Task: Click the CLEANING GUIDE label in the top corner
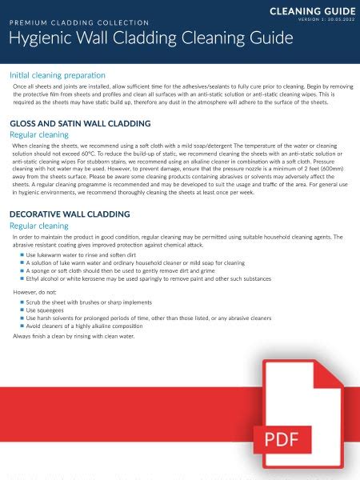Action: pyautogui.click(x=312, y=10)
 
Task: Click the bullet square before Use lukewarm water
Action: pyautogui.click(x=22, y=254)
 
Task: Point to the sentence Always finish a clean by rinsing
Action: pyautogui.click(x=74, y=336)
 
